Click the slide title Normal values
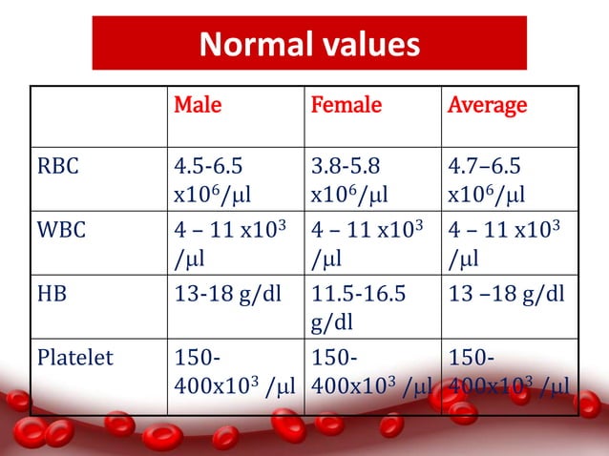pyautogui.click(x=308, y=44)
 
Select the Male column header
pyautogui.click(x=197, y=105)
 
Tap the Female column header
pyautogui.click(x=346, y=105)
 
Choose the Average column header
pyautogui.click(x=487, y=105)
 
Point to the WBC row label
pyautogui.click(x=60, y=235)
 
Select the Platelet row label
pyautogui.click(x=73, y=359)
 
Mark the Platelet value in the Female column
pyautogui.click(x=367, y=372)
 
